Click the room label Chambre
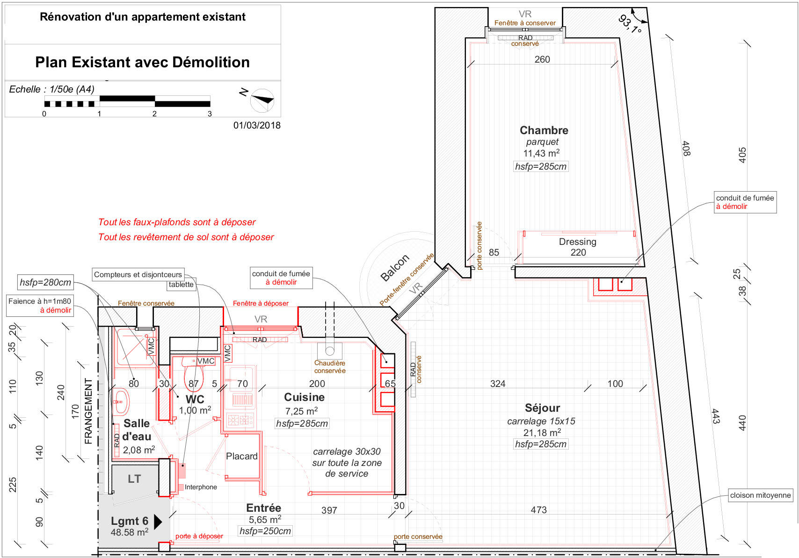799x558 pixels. coord(544,130)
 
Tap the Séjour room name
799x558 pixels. coord(542,408)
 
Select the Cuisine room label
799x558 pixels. coord(304,397)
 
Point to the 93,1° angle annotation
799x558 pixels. coord(630,24)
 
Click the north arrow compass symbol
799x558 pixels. coord(262,100)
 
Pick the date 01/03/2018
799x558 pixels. coord(257,125)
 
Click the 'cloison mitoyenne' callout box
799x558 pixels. coord(760,495)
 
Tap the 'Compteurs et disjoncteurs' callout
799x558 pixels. coord(138,274)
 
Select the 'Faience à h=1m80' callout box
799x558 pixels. coord(40,305)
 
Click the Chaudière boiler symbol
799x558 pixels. coord(330,351)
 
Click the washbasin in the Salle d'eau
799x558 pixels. coord(121,402)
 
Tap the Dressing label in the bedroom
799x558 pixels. coord(577,242)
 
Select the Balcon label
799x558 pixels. coord(394,268)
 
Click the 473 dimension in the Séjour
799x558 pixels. coord(538,510)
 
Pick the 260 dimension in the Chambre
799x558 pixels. coord(542,59)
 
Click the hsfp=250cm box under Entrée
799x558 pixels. coord(265,531)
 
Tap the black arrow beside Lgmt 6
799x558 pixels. coord(158,522)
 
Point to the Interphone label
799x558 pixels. coord(201,487)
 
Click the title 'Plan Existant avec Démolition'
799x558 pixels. coord(142,62)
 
